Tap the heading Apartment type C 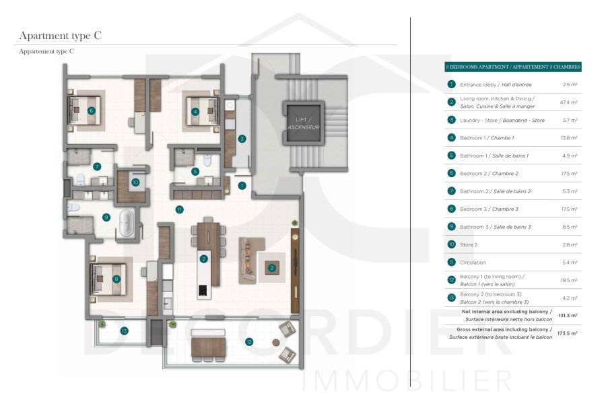click(61, 36)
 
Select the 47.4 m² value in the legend click(569, 102)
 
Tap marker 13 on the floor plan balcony click(124, 331)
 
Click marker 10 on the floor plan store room click(135, 182)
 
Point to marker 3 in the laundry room click(242, 139)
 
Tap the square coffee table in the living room click(272, 268)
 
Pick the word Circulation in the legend click(473, 263)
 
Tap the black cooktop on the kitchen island click(201, 291)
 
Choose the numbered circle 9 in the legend click(452, 227)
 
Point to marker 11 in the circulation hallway click(179, 209)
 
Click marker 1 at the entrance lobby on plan click(242, 184)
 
